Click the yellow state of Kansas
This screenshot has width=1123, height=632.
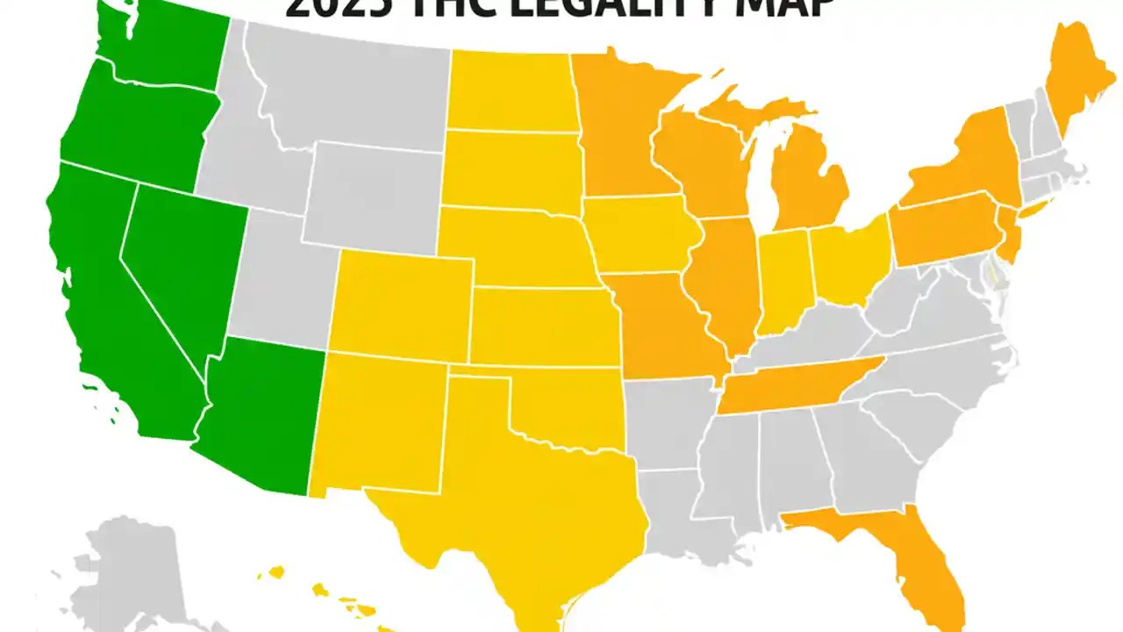coord(544,325)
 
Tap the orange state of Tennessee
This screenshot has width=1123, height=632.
coord(790,386)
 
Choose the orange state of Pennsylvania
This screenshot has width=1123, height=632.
coord(943,233)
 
